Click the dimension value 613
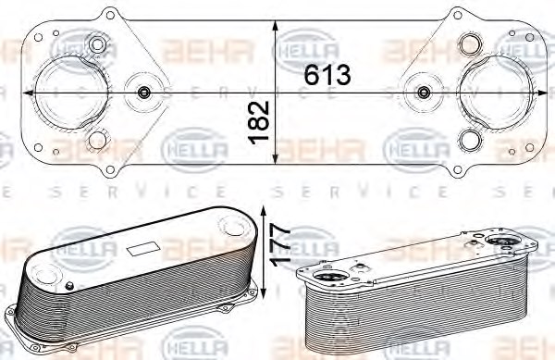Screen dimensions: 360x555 [329, 76]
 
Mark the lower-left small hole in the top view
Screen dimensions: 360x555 [96, 142]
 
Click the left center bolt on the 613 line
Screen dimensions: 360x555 [144, 93]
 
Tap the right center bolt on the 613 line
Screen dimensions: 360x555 [425, 93]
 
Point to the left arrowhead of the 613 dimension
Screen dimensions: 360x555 [28, 93]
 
